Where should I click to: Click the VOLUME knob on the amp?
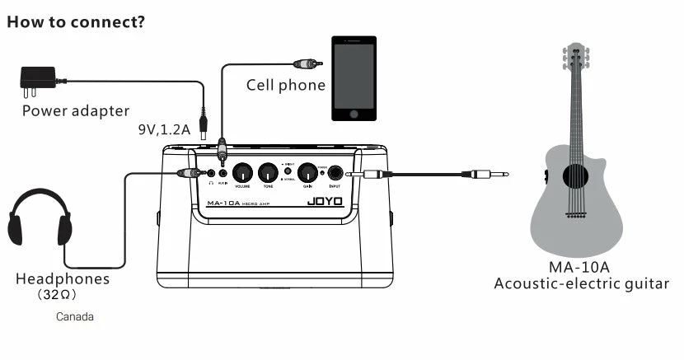tap(242, 173)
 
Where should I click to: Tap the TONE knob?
tap(267, 173)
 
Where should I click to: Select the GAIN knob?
tap(307, 173)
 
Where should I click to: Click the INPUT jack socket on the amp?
tap(335, 173)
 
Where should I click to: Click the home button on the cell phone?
tap(354, 114)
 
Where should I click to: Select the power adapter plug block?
tap(36, 78)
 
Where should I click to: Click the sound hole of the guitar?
tap(575, 174)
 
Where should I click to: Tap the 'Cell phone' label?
tap(285, 86)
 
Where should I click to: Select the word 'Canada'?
tap(75, 316)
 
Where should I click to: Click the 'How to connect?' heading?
tap(76, 21)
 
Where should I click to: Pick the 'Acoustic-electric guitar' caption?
tap(581, 284)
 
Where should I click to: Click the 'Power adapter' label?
tap(76, 110)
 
